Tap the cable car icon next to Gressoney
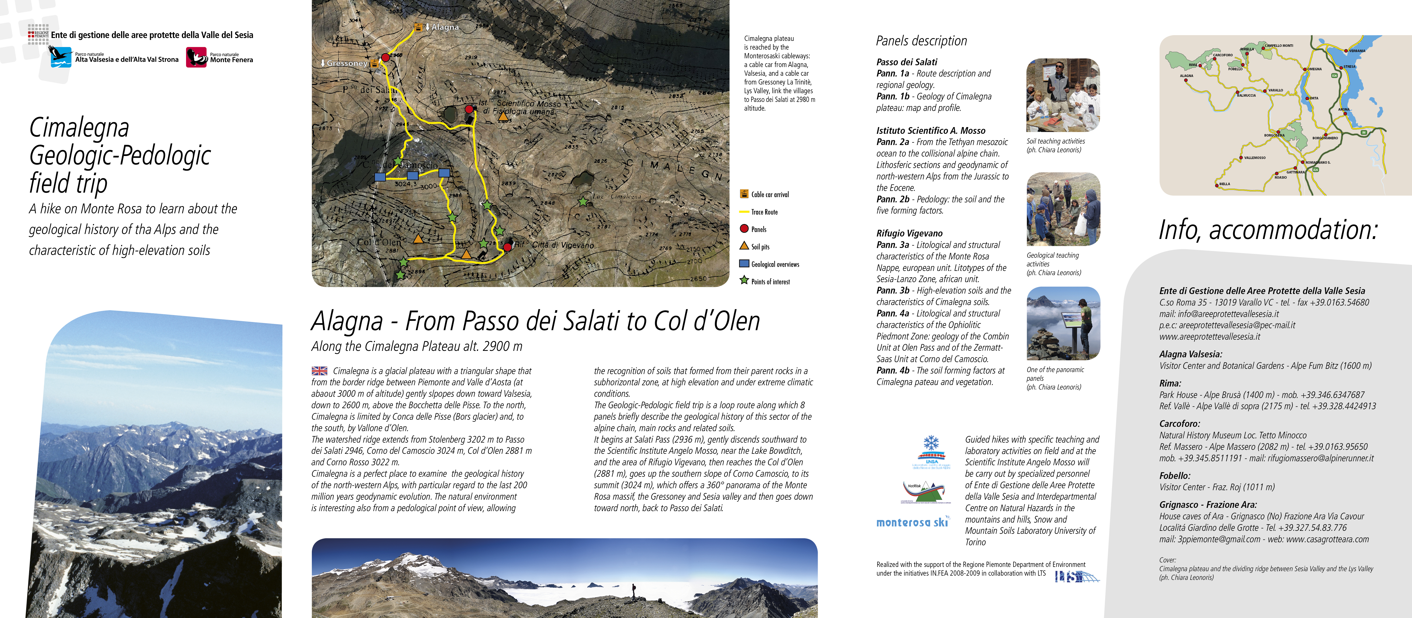(x=374, y=64)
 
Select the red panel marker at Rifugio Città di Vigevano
(x=508, y=247)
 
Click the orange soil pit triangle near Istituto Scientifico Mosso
(x=503, y=116)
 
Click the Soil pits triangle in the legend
(x=744, y=246)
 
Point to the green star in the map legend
(x=744, y=280)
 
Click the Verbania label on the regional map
(x=1357, y=50)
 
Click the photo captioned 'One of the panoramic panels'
(x=1063, y=323)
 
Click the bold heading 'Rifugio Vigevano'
(x=909, y=233)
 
